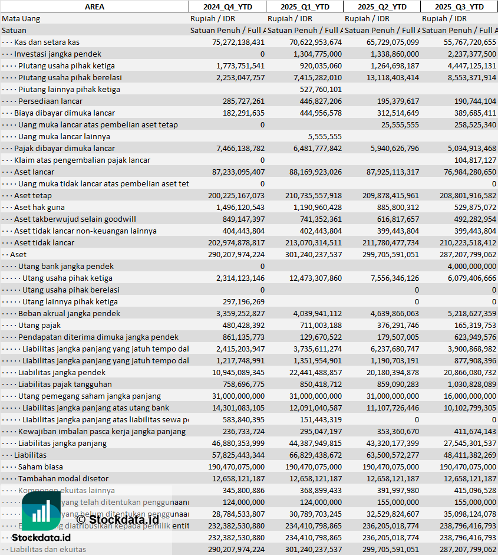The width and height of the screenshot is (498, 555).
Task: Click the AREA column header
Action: (94, 6)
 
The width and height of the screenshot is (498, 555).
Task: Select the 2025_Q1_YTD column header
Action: (304, 6)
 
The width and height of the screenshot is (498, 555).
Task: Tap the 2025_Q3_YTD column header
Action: (459, 6)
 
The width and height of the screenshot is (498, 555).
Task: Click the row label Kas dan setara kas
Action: (47, 42)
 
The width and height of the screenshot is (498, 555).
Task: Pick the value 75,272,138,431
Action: (238, 42)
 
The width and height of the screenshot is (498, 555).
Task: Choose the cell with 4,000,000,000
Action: (467, 266)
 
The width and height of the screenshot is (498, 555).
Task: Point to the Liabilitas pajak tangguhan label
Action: (65, 384)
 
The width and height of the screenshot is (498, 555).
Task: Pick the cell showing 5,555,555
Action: (325, 136)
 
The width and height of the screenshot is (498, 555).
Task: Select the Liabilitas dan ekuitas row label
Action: (48, 549)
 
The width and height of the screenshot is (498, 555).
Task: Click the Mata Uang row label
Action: (21, 18)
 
